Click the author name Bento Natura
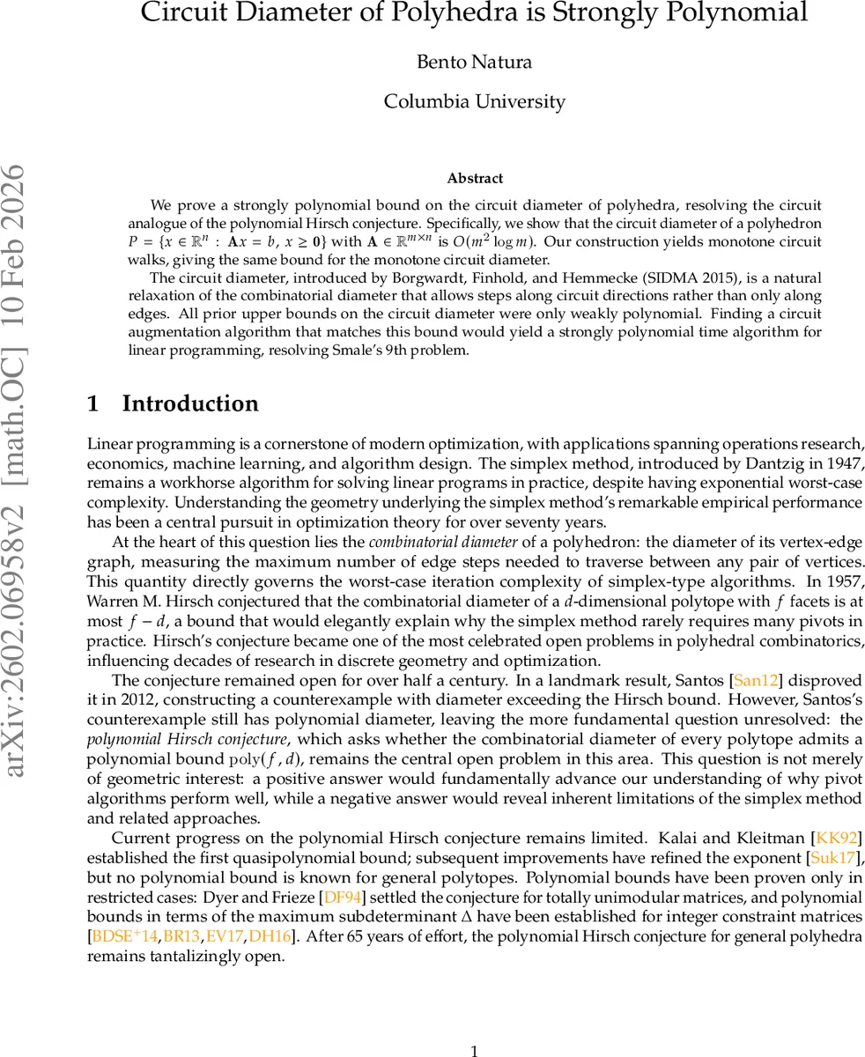pyautogui.click(x=474, y=62)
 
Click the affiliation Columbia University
pyautogui.click(x=474, y=101)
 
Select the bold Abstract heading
pyautogui.click(x=475, y=178)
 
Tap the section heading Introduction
pyautogui.click(x=190, y=403)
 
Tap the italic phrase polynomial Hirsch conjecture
pyautogui.click(x=187, y=739)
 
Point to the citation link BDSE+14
pyautogui.click(x=126, y=936)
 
